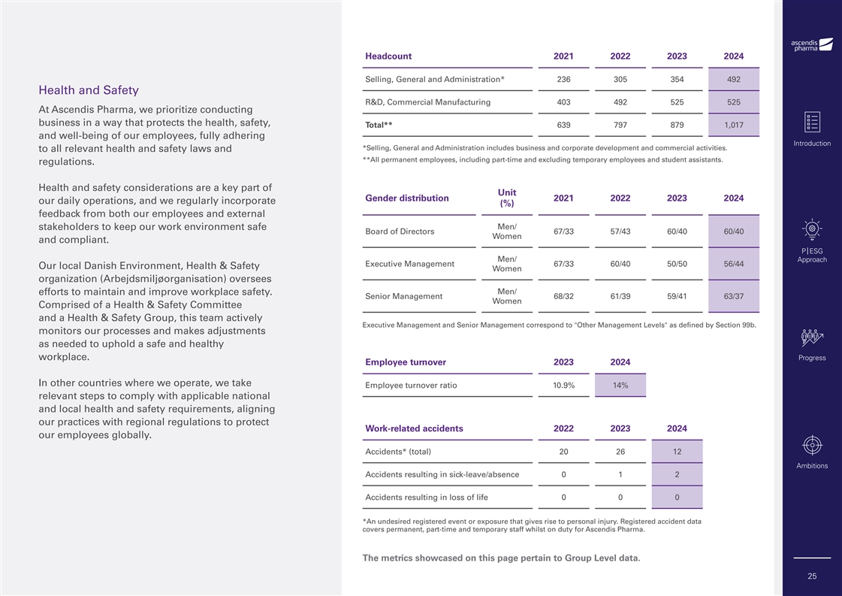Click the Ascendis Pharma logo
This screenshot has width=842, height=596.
point(812,44)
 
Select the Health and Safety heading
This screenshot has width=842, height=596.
point(88,90)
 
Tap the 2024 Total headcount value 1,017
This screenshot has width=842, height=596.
point(733,125)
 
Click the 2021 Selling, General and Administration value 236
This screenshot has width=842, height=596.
point(563,80)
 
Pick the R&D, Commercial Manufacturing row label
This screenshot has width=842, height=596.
point(427,102)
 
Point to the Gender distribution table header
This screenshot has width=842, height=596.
point(406,198)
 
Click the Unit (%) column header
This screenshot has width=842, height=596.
point(506,198)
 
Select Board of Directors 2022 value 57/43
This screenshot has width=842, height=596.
point(620,231)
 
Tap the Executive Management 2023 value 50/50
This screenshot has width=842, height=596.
point(677,264)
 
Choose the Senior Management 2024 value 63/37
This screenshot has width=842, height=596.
point(733,296)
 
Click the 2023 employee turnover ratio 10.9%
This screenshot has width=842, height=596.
point(563,386)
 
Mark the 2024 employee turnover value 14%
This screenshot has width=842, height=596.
point(620,386)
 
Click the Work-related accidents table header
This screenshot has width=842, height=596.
point(414,428)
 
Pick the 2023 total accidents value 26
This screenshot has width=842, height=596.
point(620,452)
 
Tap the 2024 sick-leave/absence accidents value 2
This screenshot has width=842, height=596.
point(677,474)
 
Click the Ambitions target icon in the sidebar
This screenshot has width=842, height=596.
point(812,445)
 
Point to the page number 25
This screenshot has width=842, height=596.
point(812,576)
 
